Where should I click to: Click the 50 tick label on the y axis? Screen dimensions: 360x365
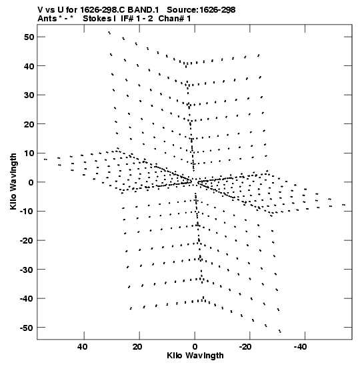coord(29,37)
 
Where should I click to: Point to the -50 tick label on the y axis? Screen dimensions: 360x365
coord(27,328)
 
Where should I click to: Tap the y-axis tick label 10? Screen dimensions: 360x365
coord(29,153)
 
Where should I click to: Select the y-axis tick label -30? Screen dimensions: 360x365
coord(27,270)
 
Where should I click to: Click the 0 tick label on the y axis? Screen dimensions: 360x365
coord(31,182)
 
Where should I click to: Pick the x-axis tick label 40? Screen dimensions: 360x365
coord(83,347)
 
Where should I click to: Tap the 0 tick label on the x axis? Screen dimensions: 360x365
coord(195,347)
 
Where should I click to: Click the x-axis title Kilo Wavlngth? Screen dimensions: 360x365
coord(195,356)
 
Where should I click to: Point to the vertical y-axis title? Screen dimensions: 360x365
coord(13,181)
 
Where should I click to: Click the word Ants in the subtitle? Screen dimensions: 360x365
coord(47,19)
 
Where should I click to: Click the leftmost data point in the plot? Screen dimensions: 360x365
coord(45,159)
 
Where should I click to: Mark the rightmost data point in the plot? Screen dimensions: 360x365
coord(344,205)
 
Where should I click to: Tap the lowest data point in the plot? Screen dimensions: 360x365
coord(280,331)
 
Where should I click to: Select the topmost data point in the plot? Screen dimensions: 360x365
coord(109,33)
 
